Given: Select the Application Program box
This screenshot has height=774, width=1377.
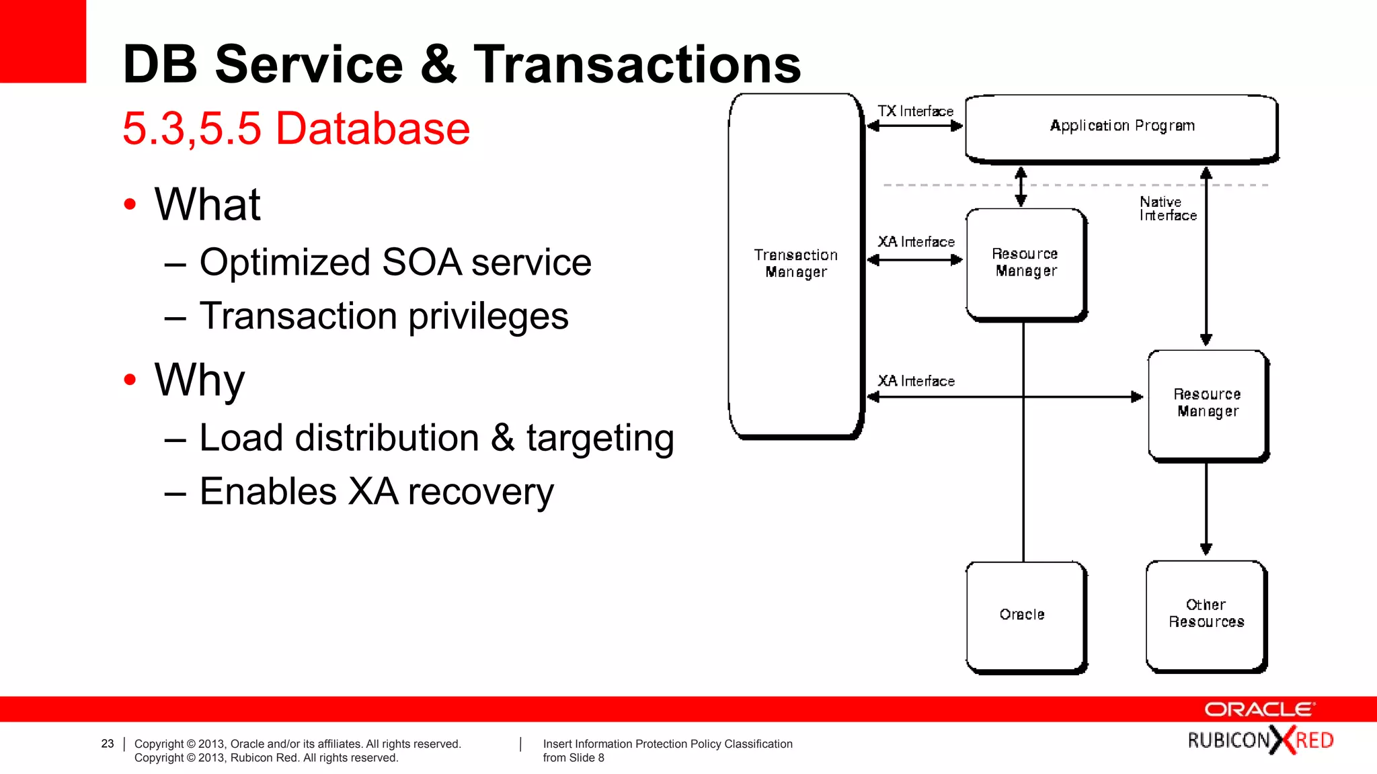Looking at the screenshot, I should point(1122,127).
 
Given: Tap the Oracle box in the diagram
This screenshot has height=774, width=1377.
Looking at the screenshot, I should point(1025,615).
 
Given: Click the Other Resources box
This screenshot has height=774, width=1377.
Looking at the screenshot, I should point(1206,614).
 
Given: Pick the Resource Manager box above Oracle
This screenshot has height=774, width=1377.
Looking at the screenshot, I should point(1025,263).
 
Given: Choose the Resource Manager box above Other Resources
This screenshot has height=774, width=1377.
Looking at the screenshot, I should point(1208,403).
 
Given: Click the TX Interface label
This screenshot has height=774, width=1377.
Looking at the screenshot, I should point(915,112).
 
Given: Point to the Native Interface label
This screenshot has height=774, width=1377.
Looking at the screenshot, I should point(1167,209).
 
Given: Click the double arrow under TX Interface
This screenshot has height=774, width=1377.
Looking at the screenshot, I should point(915,126).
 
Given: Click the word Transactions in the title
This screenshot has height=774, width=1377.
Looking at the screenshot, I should point(637,64).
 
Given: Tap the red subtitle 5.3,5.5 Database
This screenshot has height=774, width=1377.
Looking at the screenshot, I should point(296,128).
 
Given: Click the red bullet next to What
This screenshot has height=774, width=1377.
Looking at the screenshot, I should point(130,204).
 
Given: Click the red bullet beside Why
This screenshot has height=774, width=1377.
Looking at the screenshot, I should point(130,380).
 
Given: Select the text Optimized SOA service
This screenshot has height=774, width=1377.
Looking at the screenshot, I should point(395,262).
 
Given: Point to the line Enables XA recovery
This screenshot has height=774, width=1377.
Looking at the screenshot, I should point(377,492).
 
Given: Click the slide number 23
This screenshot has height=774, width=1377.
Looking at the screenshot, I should point(108,744).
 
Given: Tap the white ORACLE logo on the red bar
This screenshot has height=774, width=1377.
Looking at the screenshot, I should point(1259,709).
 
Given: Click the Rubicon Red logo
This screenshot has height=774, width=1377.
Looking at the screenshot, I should point(1260,740).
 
